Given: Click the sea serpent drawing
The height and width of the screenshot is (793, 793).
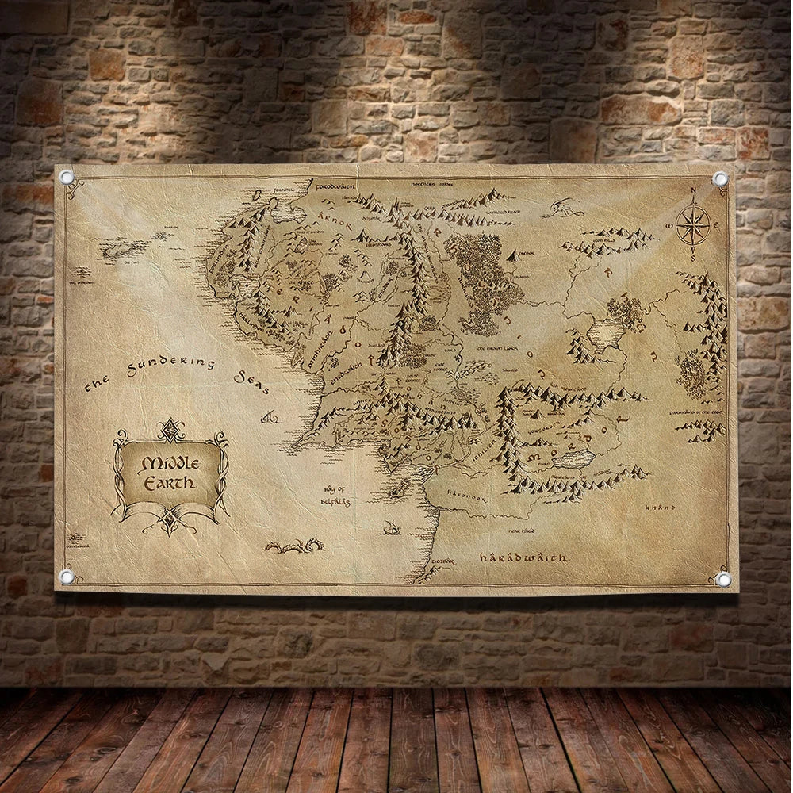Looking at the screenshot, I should [294, 546].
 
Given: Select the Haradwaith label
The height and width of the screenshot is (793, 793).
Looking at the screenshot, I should [524, 558].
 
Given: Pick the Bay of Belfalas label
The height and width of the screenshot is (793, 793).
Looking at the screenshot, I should [336, 496].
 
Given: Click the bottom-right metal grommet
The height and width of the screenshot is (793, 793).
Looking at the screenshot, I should [722, 579].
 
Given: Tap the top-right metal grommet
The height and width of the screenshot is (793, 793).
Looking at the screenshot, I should [719, 179].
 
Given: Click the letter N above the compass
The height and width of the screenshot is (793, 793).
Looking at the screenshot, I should [692, 190].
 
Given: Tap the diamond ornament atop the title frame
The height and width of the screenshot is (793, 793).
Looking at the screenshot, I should [170, 429].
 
